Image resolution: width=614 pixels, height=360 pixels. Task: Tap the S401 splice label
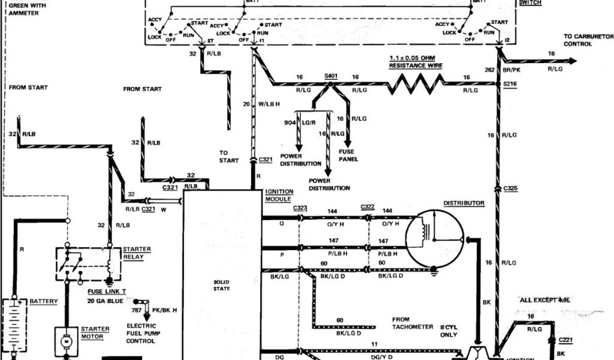click(x=331, y=76)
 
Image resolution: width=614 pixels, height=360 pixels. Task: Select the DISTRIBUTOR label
click(x=463, y=203)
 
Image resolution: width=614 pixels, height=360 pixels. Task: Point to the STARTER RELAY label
click(x=136, y=252)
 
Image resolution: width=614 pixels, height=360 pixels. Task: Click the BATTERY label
click(x=44, y=301)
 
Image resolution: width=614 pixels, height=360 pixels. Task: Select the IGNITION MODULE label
click(x=278, y=195)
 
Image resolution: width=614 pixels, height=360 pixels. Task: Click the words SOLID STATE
click(x=222, y=285)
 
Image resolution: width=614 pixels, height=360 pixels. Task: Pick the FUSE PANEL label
click(x=348, y=155)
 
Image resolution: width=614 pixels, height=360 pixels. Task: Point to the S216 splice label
click(x=510, y=84)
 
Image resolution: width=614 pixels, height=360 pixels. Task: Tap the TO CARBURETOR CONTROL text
click(x=588, y=40)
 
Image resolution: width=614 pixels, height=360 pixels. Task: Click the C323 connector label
click(x=300, y=208)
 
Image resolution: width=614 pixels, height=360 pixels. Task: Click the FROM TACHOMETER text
click(x=413, y=323)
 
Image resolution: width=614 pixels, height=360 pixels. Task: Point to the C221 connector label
click(x=566, y=340)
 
